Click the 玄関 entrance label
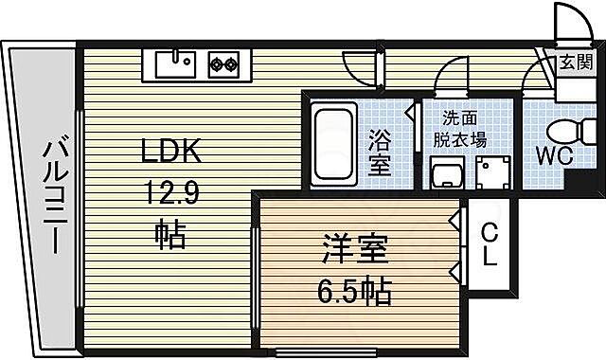coord(575,64)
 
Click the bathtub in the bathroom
coord(332,145)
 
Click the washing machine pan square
coord(493,174)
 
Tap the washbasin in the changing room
coord(445,173)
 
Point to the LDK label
coord(171,153)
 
